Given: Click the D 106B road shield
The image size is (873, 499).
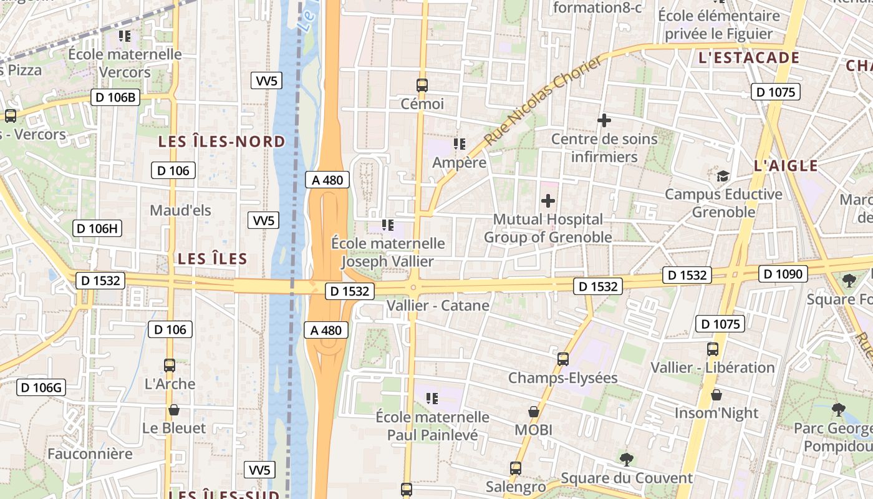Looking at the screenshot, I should [115, 97].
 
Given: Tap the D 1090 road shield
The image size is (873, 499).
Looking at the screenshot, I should [783, 273].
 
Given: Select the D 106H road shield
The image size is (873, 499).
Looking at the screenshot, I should [97, 228].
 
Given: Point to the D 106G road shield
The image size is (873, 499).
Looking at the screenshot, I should [41, 387].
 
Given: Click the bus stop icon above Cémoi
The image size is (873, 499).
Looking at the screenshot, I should [422, 85].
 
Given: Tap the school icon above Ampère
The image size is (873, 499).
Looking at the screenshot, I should [460, 144].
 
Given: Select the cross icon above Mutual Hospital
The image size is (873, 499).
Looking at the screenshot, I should [547, 201].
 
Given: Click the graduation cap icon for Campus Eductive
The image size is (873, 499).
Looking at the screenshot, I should [723, 176].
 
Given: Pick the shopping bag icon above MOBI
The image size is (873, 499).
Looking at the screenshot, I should [533, 412].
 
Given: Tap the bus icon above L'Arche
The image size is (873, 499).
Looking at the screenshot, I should [170, 366].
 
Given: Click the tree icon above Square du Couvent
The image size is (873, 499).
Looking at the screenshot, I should [626, 460].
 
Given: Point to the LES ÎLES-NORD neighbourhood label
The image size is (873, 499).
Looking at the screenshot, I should [221, 142].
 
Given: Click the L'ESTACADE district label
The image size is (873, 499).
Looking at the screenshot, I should [749, 58].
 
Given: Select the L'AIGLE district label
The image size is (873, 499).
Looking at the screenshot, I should [786, 166].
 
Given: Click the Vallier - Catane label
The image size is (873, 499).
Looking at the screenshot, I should [438, 306].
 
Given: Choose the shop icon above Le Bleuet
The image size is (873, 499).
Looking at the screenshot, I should [174, 410].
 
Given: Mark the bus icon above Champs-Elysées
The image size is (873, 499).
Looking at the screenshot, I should [563, 359].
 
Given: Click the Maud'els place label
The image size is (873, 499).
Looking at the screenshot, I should [180, 210].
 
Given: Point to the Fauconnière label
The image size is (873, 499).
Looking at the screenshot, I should [90, 453].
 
